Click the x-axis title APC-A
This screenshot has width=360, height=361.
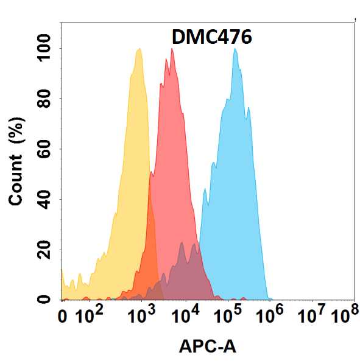coord(207,347)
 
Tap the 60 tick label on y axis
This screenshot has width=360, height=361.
coord(44,149)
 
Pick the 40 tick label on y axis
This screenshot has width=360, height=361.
coord(44,199)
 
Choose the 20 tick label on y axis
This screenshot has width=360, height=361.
coord(44,250)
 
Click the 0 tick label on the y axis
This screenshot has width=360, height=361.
coord(44,300)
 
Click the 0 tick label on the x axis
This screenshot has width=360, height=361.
coord(62,317)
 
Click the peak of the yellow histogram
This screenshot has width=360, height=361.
coord(139,49)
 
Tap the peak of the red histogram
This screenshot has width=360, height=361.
coord(172,49)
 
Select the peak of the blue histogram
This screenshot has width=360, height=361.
coord(235,49)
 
